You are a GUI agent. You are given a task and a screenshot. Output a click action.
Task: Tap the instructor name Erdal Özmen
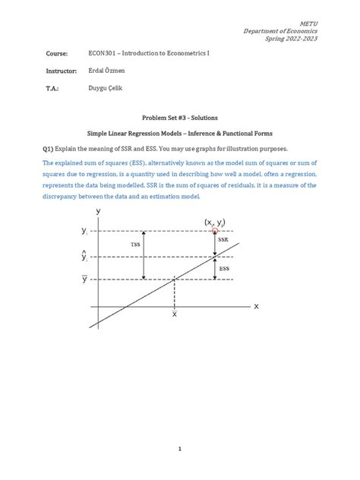point(110,71)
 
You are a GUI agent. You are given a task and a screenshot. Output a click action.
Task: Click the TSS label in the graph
point(135,245)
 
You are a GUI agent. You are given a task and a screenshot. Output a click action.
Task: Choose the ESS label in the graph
point(223,267)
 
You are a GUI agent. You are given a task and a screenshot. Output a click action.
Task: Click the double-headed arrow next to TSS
point(148,255)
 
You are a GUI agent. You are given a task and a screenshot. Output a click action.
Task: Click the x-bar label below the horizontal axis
point(175,313)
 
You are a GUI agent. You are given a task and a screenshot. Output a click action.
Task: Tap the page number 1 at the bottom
point(180,450)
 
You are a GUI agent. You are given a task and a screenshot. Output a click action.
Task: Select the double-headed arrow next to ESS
point(216,268)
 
